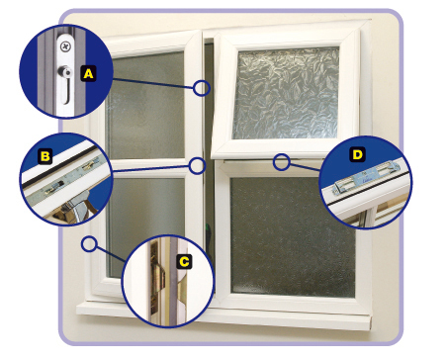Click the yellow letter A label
[88, 73]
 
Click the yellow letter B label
[45, 156]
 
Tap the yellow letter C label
[184, 262]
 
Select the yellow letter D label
[356, 155]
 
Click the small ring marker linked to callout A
[202, 88]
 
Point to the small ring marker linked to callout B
[197, 166]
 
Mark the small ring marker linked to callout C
[90, 242]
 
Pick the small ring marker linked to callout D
[282, 161]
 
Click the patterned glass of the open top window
[286, 93]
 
